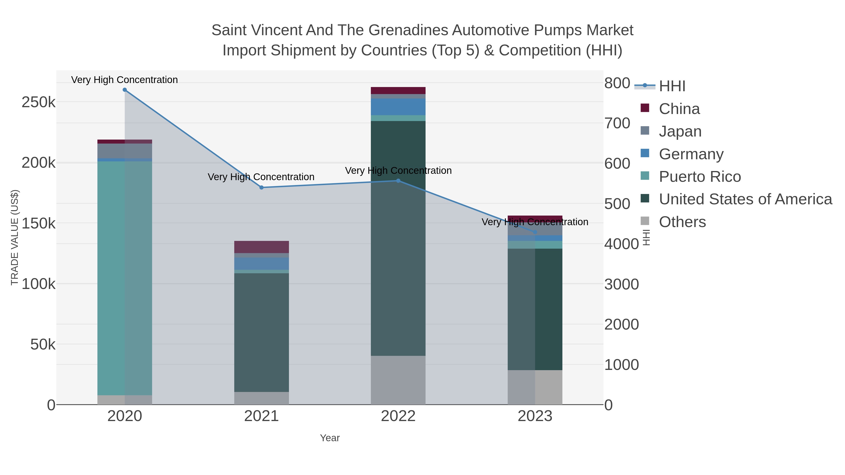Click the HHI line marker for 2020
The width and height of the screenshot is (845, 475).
point(125,90)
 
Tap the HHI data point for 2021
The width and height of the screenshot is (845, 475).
point(261,187)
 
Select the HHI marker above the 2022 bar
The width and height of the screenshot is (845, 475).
point(398,181)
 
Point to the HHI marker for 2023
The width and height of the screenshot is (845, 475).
point(535,232)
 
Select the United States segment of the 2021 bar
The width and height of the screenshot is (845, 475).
point(261,332)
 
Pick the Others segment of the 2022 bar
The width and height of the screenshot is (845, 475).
point(398,380)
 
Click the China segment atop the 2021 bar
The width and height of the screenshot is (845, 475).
point(261,247)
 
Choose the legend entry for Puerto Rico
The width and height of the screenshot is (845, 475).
point(700,177)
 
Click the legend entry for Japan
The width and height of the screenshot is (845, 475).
point(680,131)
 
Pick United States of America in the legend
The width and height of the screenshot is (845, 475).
point(745,199)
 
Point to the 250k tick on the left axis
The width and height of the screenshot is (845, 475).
point(38,103)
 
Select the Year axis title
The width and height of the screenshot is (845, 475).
point(330,438)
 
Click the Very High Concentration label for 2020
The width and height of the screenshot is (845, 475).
point(125,80)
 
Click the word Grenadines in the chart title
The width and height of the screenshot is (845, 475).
point(408,30)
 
